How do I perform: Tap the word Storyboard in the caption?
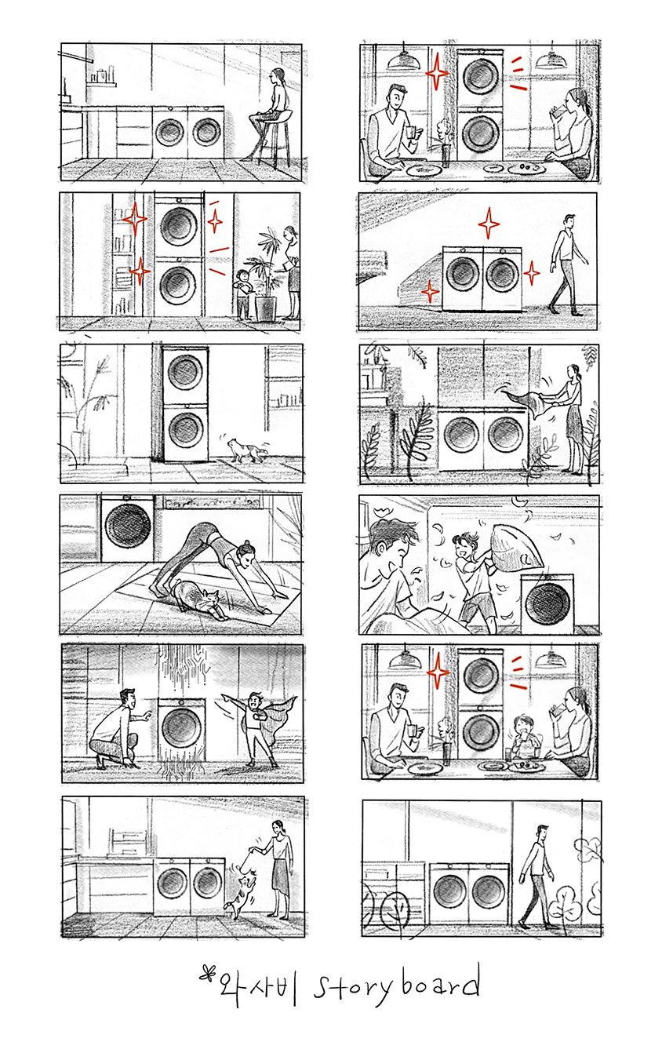[x=397, y=986]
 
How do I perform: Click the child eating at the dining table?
[x=523, y=736]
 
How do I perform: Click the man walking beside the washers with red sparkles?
[x=567, y=264]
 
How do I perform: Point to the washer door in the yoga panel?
[x=128, y=525]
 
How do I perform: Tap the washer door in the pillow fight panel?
[x=547, y=603]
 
